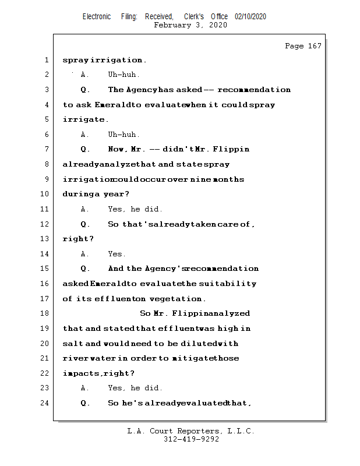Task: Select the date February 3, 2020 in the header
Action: (x=190, y=25)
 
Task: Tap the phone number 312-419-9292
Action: (x=190, y=440)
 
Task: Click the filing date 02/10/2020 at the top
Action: (x=250, y=17)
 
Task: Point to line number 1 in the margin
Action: (x=46, y=60)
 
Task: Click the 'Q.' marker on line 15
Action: (x=86, y=269)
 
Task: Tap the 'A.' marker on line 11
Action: (x=85, y=209)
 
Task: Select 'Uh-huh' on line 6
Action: (x=123, y=135)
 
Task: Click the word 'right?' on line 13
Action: (x=78, y=239)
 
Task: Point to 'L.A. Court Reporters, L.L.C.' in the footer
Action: (x=190, y=431)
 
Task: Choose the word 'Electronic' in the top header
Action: (x=97, y=17)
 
